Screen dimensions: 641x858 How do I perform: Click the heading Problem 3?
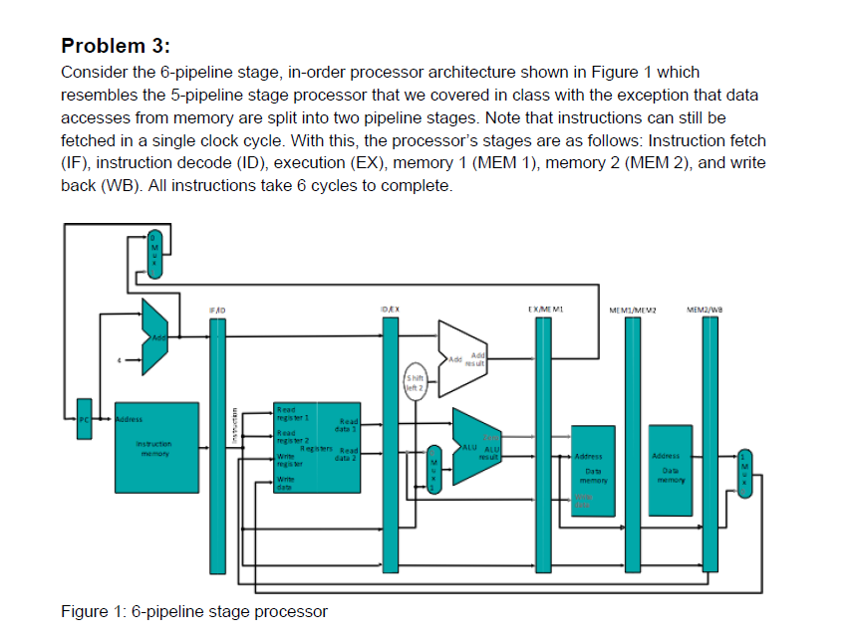pyautogui.click(x=116, y=46)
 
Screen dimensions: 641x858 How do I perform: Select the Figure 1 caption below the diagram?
pyautogui.click(x=193, y=610)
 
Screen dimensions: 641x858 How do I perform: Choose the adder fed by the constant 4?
pyautogui.click(x=155, y=338)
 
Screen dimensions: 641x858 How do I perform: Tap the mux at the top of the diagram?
pyautogui.click(x=153, y=254)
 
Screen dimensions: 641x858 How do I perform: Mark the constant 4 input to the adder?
pyautogui.click(x=120, y=360)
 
